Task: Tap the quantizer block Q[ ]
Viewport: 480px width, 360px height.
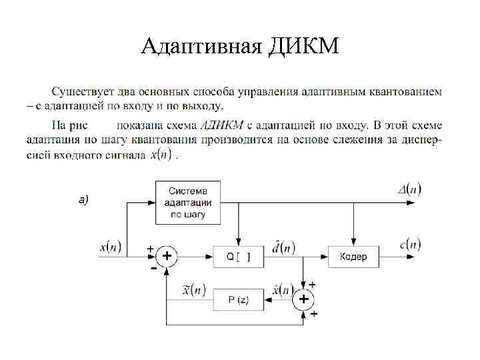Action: click(238, 257)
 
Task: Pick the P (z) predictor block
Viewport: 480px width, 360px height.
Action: click(238, 299)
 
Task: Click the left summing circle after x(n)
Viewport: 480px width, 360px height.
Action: click(167, 257)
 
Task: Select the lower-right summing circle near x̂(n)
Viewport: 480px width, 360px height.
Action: click(304, 299)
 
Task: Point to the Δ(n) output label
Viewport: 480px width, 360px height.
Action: click(409, 189)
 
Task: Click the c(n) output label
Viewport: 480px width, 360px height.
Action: click(410, 245)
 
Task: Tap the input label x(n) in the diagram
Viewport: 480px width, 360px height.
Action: click(111, 247)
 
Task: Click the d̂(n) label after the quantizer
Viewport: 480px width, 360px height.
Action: click(283, 247)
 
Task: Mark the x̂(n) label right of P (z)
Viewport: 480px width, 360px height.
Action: click(282, 290)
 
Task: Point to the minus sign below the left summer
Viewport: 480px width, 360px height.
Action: click(154, 268)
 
